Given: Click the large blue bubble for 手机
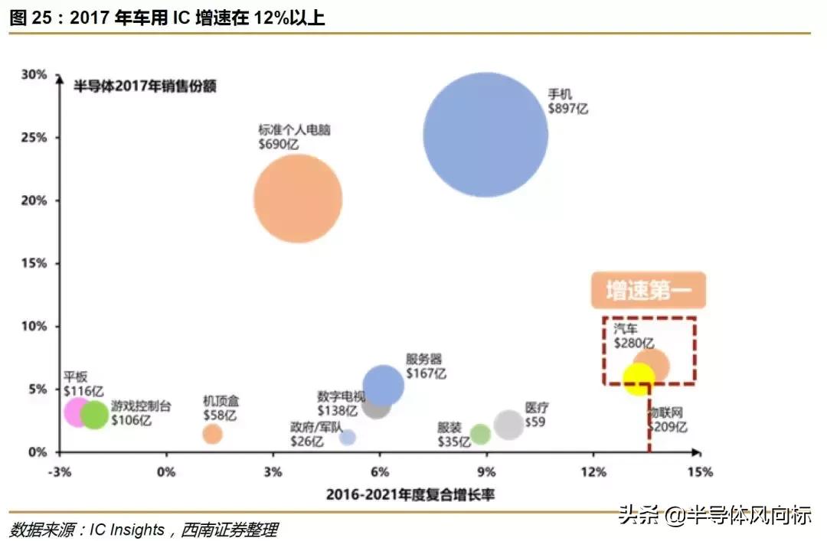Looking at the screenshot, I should [x=485, y=135].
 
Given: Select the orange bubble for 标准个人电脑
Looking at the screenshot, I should [x=298, y=199].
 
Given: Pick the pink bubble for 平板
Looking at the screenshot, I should [x=77, y=412].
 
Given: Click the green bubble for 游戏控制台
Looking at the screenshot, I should [x=95, y=415].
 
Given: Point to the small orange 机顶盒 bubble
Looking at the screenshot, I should [x=213, y=434].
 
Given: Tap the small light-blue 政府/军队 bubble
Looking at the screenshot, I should [x=348, y=438].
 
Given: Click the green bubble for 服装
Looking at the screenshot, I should [x=480, y=435].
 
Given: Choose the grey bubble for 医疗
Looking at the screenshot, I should [x=508, y=424].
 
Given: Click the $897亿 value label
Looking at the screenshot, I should [x=568, y=109].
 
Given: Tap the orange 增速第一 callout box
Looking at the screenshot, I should [x=648, y=291].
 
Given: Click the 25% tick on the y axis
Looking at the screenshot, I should [x=35, y=138].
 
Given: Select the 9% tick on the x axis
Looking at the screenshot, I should [x=486, y=471].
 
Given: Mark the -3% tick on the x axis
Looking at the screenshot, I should [x=59, y=471].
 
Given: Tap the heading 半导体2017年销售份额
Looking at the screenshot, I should [x=145, y=86].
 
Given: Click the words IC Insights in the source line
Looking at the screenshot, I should [x=127, y=529].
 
